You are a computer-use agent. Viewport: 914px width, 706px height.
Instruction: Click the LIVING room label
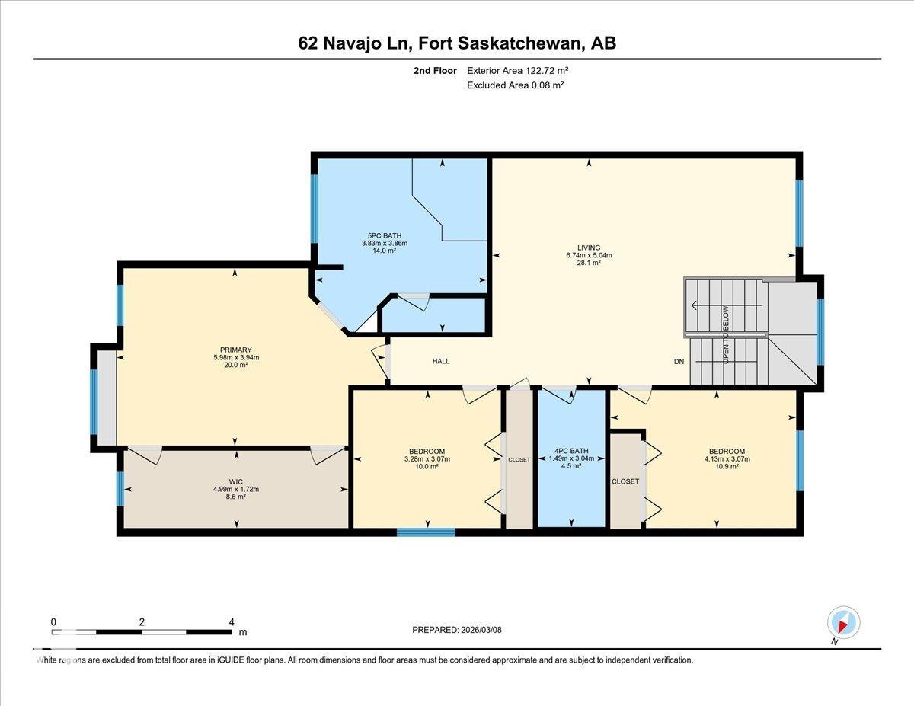tap(589, 248)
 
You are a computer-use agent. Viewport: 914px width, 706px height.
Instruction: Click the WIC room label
tap(236, 481)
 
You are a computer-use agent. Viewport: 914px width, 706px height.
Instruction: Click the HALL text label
tap(441, 361)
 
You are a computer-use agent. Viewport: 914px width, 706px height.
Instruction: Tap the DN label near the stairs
tap(679, 362)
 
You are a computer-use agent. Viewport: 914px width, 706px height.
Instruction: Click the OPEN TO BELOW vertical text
tap(727, 334)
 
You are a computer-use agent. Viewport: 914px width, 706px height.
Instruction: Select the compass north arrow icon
tap(843, 622)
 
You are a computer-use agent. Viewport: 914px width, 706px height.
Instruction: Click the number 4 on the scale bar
tap(232, 621)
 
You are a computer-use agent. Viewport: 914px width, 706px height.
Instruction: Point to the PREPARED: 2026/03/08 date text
tap(457, 630)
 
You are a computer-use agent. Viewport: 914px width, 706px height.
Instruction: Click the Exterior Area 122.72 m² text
tap(518, 70)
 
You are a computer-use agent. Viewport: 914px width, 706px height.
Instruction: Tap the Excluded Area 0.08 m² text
tap(515, 85)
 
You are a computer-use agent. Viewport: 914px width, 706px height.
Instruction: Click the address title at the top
tap(457, 43)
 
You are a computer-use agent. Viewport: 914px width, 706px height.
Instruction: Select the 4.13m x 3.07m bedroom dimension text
tap(727, 459)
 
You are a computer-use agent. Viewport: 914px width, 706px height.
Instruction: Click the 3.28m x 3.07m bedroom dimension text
tap(427, 459)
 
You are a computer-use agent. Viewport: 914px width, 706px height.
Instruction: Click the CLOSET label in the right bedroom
tap(625, 481)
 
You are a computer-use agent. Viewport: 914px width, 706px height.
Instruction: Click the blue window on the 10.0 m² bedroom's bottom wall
tap(426, 532)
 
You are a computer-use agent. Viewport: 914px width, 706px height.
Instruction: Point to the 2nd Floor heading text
tap(435, 70)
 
